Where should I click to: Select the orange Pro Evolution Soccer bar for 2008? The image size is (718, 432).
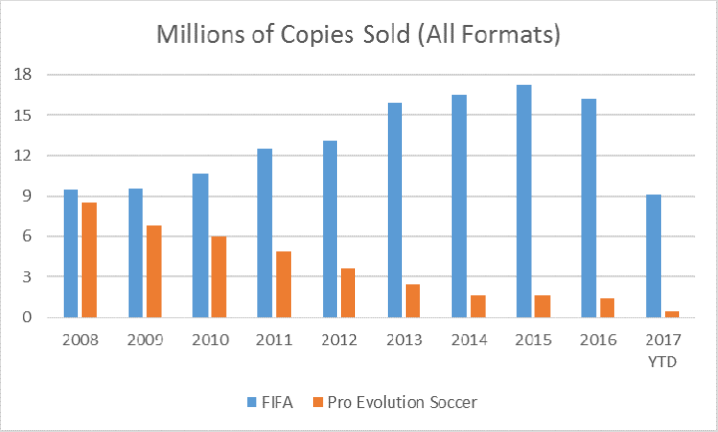tap(90, 259)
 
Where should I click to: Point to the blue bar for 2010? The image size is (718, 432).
tap(200, 245)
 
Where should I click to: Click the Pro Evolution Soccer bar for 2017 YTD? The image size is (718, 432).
tap(673, 313)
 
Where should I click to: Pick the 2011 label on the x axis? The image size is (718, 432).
tap(272, 339)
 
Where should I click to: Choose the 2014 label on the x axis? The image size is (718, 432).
tap(466, 339)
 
